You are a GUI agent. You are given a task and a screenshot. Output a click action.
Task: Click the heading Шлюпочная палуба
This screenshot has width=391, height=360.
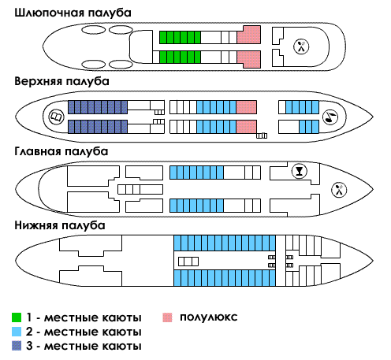pos(73,13)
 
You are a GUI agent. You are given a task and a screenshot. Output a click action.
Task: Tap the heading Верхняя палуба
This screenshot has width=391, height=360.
pos(61,81)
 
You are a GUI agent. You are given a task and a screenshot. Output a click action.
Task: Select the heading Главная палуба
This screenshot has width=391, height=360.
pos(61,151)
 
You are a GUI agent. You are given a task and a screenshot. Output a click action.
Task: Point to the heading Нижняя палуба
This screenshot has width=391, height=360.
pos(60,225)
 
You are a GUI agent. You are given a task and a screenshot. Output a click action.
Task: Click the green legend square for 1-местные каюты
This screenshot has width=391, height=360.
pos(17,317)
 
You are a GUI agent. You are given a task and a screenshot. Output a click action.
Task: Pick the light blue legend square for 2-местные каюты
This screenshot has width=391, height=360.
pos(17,332)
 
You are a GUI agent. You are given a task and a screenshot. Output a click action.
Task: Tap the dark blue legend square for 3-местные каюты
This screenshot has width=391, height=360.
pos(17,346)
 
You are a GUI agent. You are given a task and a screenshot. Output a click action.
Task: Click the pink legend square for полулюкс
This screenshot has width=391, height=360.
pos(167,317)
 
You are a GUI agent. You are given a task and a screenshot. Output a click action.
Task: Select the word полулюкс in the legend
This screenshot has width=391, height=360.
pos(209,317)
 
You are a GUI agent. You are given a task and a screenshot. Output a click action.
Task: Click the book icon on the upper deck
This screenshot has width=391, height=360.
pos(57,117)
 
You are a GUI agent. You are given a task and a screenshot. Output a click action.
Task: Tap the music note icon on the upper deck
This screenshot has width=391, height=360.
pos(330,117)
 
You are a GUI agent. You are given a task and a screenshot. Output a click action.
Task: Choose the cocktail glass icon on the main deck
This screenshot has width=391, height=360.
pos(300,171)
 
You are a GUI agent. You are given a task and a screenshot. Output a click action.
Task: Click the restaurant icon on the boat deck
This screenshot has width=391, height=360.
pos(301,46)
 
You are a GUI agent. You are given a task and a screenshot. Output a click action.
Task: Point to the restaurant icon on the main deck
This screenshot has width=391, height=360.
pos(339,190)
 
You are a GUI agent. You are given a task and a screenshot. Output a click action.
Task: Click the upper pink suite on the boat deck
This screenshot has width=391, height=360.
pos(249,35)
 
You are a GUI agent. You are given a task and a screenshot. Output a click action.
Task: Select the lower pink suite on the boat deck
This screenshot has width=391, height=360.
pos(249,59)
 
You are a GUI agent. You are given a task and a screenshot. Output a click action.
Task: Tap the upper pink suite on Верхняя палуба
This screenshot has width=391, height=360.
pos(247,107)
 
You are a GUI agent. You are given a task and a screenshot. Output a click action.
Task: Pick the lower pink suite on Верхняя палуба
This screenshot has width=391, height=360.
pos(247,127)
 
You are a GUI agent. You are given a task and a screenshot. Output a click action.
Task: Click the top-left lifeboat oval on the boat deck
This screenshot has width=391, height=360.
pos(93,30)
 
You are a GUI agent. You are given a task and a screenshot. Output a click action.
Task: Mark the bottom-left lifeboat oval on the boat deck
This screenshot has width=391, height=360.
pos(93,65)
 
